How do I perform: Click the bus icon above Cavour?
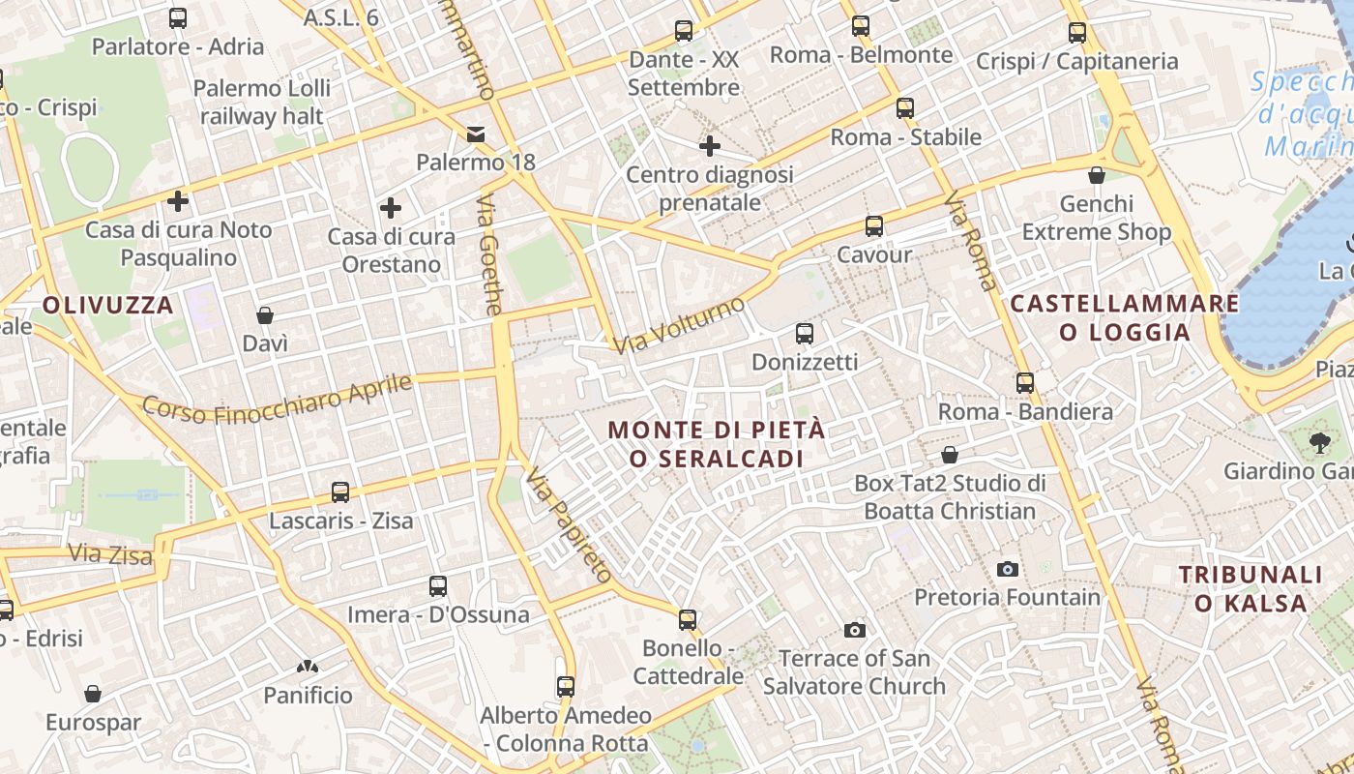[x=874, y=226]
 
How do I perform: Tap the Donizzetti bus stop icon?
[x=804, y=334]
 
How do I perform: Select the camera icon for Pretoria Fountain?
[x=1008, y=569]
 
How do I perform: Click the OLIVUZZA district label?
[x=107, y=306]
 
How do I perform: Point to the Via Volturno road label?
[x=680, y=324]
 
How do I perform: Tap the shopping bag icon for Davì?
[x=265, y=315]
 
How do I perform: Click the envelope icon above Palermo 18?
[x=476, y=134]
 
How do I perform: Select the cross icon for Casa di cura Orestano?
[x=391, y=208]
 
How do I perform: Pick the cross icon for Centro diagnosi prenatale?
[x=710, y=146]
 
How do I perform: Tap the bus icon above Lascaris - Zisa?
[x=340, y=492]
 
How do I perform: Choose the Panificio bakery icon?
[x=308, y=667]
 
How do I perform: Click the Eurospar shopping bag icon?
[x=93, y=694]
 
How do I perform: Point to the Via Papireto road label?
[x=570, y=525]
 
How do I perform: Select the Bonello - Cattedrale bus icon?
[x=688, y=619]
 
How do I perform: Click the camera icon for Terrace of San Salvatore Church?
[x=854, y=630]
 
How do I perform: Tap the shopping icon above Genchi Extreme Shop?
[x=1097, y=175]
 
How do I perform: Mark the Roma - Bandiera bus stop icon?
[x=1025, y=383]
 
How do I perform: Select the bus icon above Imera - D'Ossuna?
[x=438, y=585]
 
